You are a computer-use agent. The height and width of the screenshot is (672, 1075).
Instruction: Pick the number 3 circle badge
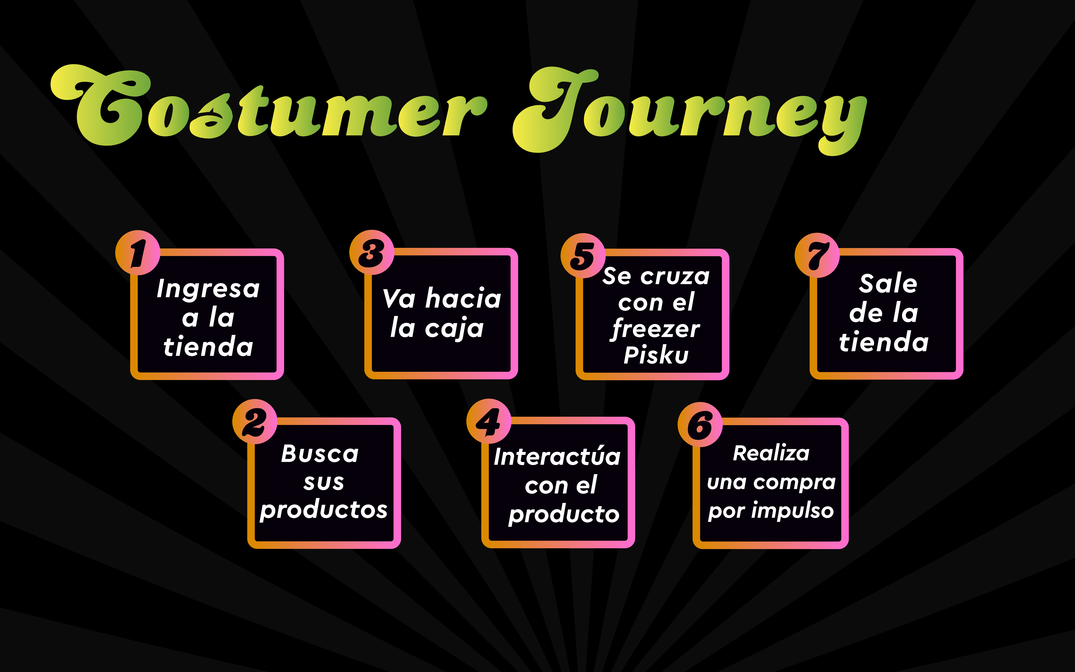tap(372, 252)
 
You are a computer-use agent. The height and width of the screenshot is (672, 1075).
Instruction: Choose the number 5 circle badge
tap(583, 256)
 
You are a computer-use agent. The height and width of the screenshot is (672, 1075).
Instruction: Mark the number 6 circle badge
tap(700, 424)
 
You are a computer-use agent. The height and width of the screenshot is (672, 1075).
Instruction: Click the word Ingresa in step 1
tap(208, 289)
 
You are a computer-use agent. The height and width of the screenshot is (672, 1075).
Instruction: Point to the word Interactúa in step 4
tap(557, 457)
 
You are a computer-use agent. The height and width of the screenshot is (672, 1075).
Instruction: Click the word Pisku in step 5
tap(656, 355)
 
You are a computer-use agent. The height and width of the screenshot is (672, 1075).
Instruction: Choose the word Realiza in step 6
tap(771, 453)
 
